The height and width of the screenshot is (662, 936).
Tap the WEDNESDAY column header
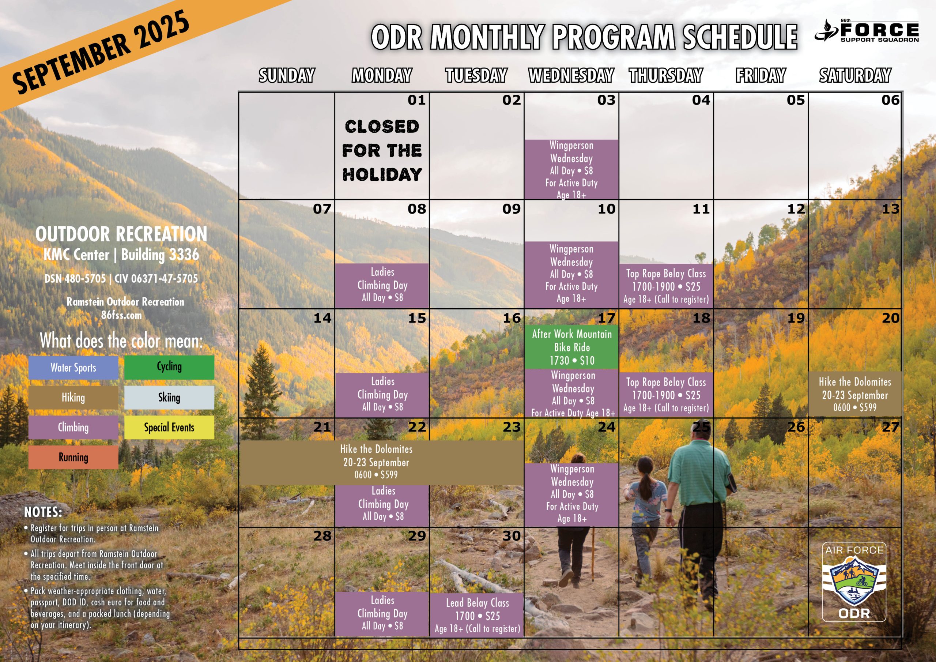point(571,75)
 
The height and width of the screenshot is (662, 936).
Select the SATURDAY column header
point(855,75)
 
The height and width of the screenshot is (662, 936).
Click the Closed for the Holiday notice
point(382,150)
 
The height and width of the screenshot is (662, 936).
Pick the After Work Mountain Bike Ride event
point(571,347)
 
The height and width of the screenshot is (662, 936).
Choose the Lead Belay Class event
point(477,615)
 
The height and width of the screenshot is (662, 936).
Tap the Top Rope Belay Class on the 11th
point(666,286)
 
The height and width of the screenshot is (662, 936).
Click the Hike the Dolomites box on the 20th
point(855,394)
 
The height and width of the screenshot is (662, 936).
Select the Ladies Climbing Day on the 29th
point(382,613)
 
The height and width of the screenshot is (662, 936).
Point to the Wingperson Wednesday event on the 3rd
point(571,169)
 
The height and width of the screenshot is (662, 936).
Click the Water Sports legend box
point(73,368)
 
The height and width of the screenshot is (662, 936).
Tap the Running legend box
point(73,457)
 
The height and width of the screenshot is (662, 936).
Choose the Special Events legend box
point(169,427)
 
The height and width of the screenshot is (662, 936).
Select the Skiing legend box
point(169,397)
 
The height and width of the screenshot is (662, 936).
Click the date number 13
point(890,209)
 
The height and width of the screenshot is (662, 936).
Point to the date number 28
point(322,535)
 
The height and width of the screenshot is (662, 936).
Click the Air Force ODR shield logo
point(854,582)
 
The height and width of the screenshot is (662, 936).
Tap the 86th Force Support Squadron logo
point(866,31)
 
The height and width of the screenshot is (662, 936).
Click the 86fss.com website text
point(121,315)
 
